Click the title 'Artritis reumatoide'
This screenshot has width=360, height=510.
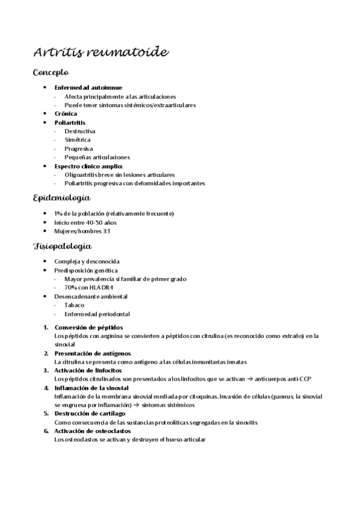(x=101, y=52)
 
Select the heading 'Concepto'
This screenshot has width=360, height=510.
(x=55, y=73)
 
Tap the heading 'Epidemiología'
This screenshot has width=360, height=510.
(x=62, y=198)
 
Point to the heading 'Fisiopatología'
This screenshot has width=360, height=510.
(x=63, y=246)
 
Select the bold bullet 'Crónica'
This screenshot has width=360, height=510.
(x=66, y=113)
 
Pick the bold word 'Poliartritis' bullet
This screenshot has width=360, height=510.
(x=70, y=122)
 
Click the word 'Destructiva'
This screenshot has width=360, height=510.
(x=80, y=131)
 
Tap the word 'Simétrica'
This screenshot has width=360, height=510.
(x=78, y=140)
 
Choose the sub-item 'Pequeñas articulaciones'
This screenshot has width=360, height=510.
(x=97, y=157)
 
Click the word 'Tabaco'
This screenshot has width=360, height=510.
(x=75, y=305)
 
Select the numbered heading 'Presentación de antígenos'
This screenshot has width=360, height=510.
(x=93, y=353)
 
